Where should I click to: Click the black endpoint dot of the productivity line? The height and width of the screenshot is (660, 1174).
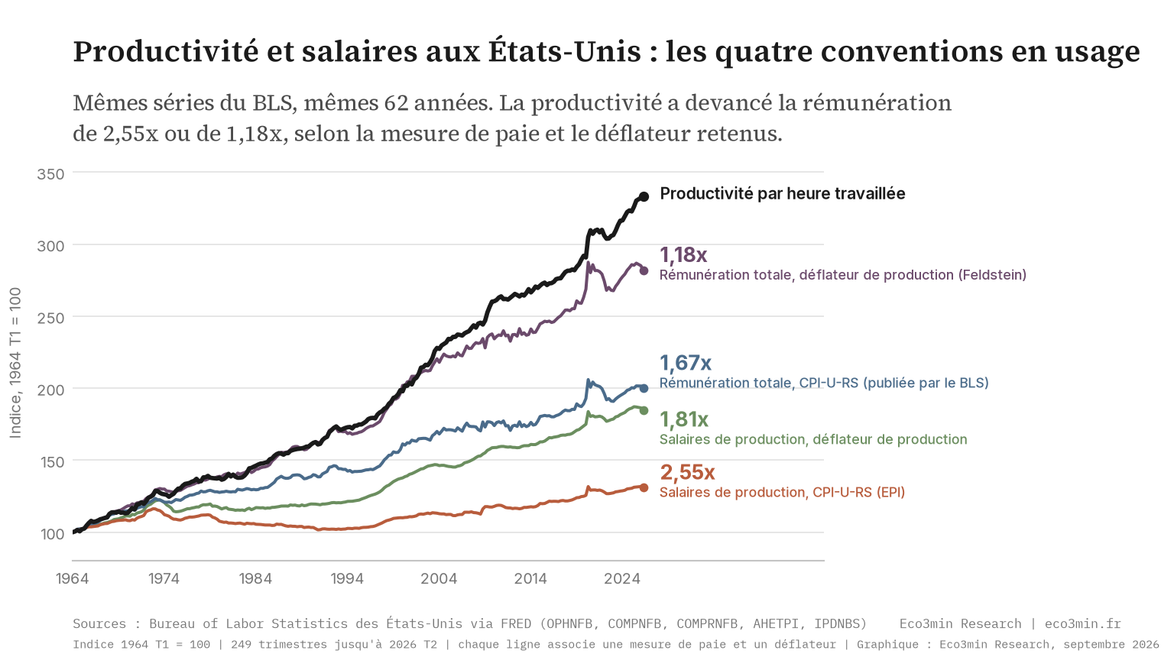644,196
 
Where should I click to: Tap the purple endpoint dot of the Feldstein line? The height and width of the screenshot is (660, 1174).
644,271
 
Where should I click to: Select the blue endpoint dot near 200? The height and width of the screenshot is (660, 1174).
644,389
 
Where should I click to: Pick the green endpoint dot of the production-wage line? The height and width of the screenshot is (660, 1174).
644,411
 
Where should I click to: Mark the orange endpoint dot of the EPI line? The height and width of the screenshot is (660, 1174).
644,487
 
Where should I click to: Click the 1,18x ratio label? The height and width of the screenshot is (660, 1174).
683,255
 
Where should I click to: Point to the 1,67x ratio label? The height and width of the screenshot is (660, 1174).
686,363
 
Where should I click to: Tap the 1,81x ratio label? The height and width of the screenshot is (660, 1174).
684,419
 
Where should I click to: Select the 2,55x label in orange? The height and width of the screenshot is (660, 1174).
687,473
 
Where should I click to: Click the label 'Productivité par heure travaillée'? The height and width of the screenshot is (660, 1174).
783,194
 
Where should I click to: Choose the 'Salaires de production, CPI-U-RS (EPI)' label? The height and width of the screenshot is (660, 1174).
782,493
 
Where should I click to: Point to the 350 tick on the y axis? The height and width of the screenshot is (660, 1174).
51,174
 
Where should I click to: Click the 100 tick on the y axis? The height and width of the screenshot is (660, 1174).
51,534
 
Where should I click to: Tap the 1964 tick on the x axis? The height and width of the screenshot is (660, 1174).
73,579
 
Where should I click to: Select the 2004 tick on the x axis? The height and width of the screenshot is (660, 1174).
439,579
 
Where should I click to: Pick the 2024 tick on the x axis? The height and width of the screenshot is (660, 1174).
622,579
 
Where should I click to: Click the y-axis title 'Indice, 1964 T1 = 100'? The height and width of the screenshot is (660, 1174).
16,363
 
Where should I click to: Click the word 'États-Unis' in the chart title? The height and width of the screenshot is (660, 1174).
565,51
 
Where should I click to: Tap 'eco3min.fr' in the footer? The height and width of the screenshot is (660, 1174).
1083,623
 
